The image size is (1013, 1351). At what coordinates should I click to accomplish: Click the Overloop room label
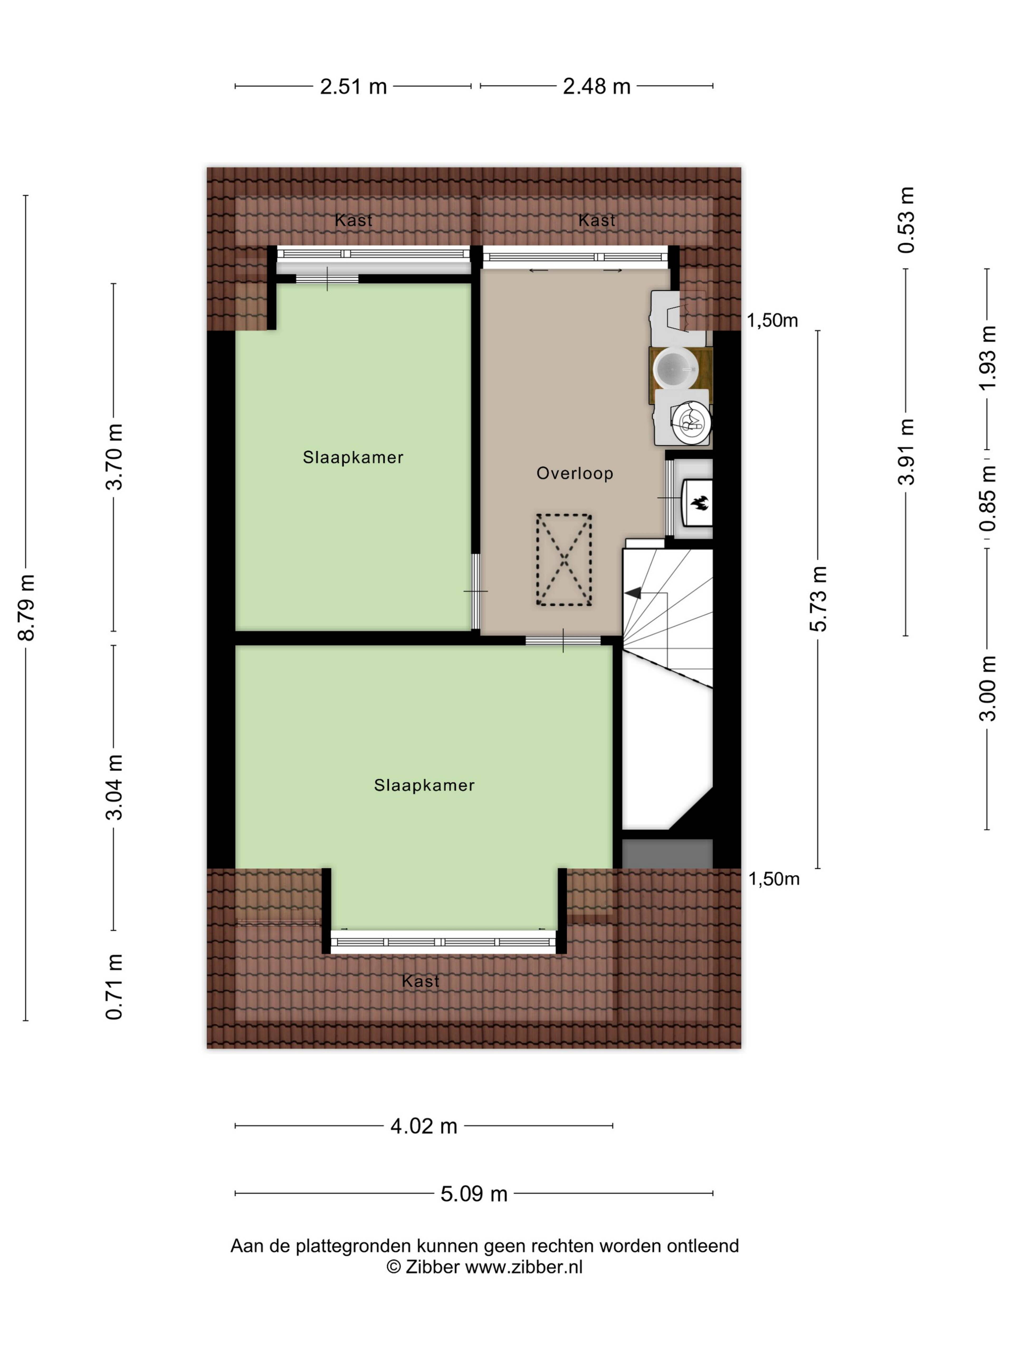click(575, 473)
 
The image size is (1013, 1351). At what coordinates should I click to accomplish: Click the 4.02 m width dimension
click(424, 1126)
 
